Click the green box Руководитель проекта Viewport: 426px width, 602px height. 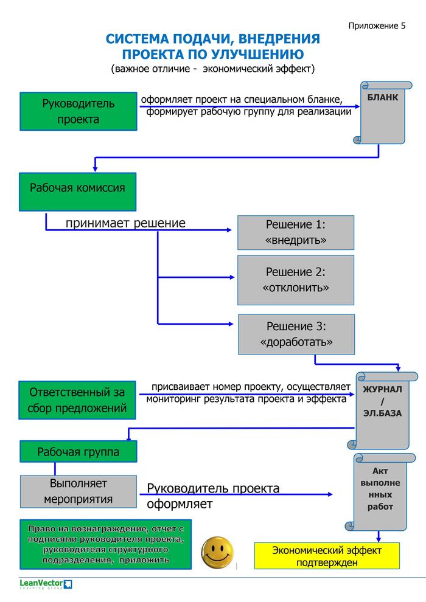pyautogui.click(x=78, y=111)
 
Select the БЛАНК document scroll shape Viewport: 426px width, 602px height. pyautogui.click(x=383, y=112)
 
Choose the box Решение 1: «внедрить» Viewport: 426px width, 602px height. pyautogui.click(x=296, y=232)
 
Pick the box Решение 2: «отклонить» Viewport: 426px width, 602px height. pyautogui.click(x=296, y=280)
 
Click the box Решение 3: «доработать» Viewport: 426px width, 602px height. pyautogui.click(x=296, y=334)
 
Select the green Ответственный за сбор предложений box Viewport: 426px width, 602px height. pyautogui.click(x=78, y=400)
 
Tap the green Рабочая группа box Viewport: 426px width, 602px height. pyautogui.click(x=78, y=452)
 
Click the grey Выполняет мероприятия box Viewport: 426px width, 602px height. pyautogui.click(x=78, y=491)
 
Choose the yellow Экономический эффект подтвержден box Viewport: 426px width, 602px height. pyautogui.click(x=326, y=556)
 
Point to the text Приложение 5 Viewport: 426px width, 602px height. pyautogui.click(x=377, y=26)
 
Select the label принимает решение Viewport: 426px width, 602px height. pyautogui.click(x=125, y=223)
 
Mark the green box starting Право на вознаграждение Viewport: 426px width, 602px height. pyautogui.click(x=105, y=544)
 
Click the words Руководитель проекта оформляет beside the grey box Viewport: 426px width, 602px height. pyautogui.click(x=213, y=496)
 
